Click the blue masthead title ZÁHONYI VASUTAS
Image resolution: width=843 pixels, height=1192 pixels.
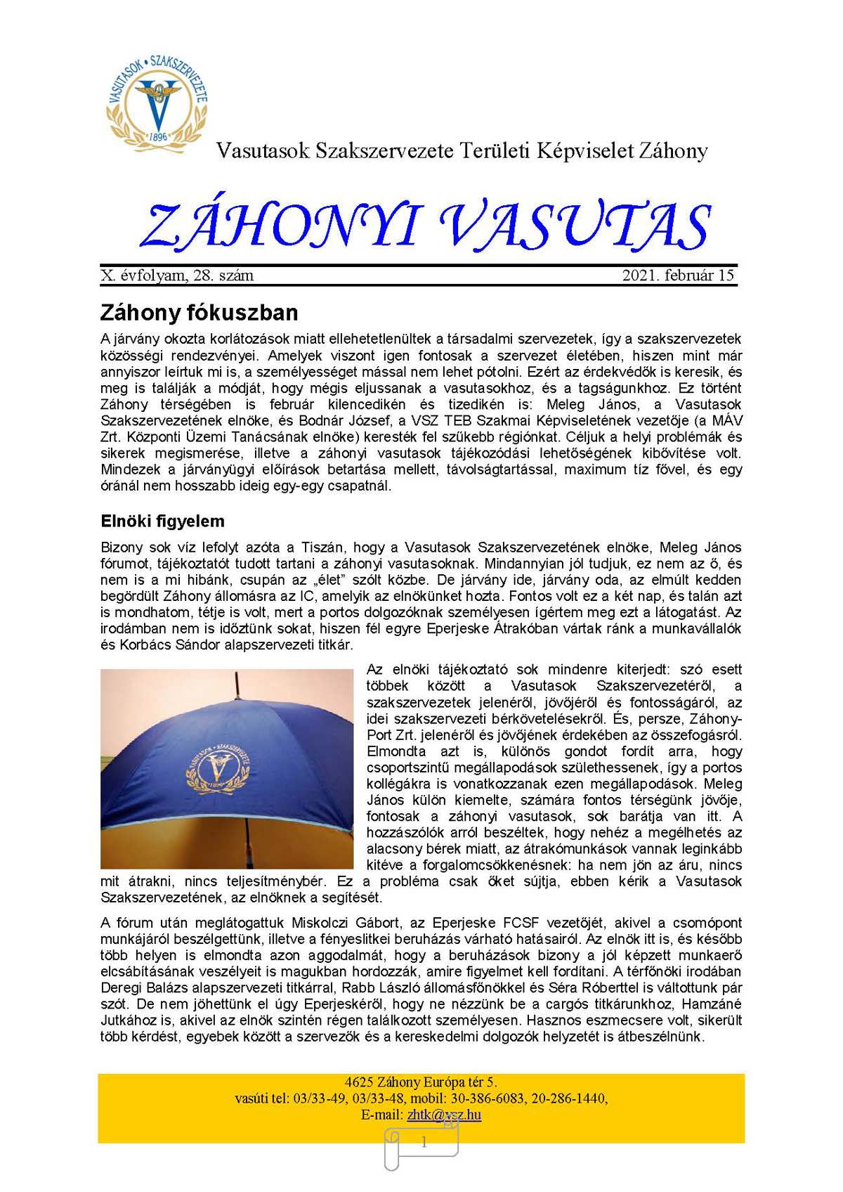coord(426,227)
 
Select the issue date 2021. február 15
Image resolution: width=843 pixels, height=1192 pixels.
coord(678,276)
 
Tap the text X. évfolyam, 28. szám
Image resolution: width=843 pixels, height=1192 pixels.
coord(177,276)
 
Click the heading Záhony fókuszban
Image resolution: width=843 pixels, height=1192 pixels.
coord(199,312)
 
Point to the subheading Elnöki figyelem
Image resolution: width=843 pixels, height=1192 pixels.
coord(162,521)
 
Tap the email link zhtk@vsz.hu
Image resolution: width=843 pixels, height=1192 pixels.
coord(444,1115)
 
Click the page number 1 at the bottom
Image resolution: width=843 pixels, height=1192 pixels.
coord(423,1143)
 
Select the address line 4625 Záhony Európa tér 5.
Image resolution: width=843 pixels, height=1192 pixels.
coord(421,1082)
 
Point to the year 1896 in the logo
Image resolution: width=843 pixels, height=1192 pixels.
coord(159,136)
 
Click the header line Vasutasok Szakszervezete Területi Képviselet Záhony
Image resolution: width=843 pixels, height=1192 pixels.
coord(462,150)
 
